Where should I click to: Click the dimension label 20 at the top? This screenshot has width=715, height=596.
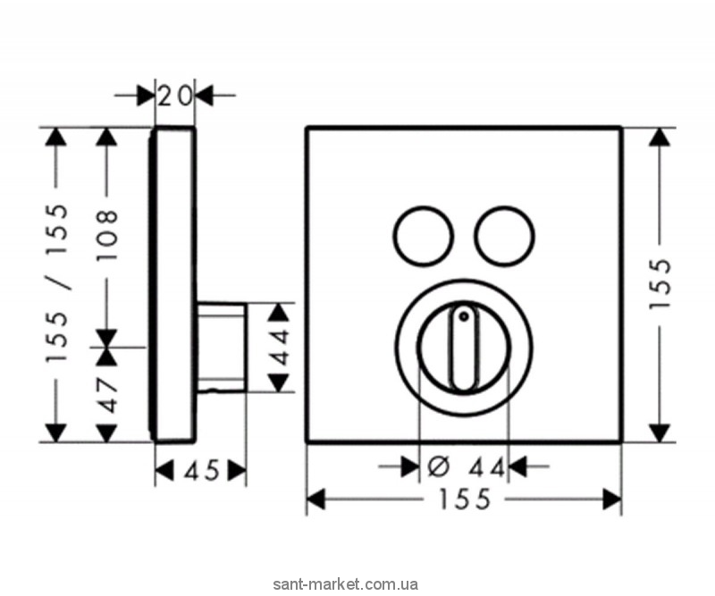click(175, 94)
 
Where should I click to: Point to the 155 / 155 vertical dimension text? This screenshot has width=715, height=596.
click(57, 283)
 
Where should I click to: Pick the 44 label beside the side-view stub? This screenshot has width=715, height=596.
click(281, 348)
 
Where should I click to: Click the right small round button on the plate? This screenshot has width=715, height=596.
click(504, 233)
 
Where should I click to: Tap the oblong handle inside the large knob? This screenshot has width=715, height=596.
click(463, 349)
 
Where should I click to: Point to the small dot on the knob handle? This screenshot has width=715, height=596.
click(463, 314)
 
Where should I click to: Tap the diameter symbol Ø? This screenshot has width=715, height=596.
click(439, 466)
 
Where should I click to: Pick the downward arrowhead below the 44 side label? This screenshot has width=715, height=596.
click(281, 382)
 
